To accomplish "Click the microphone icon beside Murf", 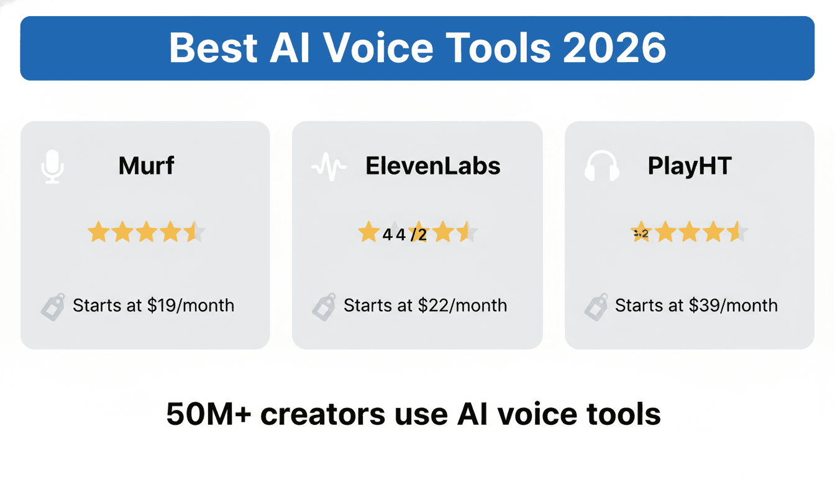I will (x=53, y=166).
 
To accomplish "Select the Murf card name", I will (x=147, y=166).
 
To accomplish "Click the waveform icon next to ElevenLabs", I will (x=329, y=167).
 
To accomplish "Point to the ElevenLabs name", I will (x=433, y=166).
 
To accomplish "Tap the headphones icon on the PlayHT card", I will (x=602, y=166).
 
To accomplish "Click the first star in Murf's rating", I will (x=98, y=233).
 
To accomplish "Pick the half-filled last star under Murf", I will (x=194, y=233).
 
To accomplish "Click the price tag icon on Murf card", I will (x=53, y=306).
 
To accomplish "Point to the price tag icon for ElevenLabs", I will (x=324, y=306).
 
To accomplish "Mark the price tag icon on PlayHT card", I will (x=595, y=306).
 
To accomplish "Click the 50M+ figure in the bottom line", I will (x=208, y=414).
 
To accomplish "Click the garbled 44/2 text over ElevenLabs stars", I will (x=404, y=235).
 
